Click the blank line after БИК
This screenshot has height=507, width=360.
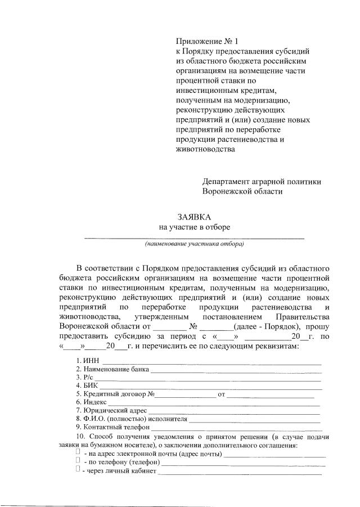(x=211, y=389)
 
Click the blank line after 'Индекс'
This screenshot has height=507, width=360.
(x=214, y=405)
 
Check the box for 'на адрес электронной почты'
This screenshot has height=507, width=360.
(x=78, y=452)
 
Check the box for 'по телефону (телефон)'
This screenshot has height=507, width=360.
(x=78, y=461)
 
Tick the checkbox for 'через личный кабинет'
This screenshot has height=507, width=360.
(x=78, y=470)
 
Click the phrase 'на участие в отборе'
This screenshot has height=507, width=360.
(x=194, y=227)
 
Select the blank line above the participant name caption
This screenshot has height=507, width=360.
(x=194, y=239)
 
